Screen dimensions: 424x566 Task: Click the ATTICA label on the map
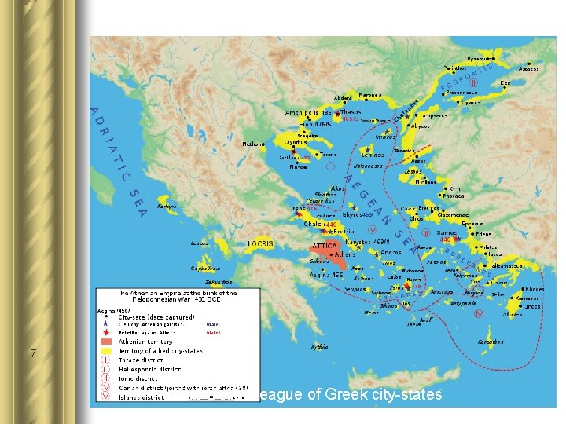324,246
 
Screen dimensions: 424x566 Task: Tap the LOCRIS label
260,244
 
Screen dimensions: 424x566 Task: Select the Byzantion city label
481,58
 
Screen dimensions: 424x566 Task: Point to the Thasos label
351,111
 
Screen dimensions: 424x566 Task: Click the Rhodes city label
535,288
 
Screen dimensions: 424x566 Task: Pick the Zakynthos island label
219,282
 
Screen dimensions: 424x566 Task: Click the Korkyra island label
167,206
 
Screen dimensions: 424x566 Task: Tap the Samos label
447,232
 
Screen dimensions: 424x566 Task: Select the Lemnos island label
373,155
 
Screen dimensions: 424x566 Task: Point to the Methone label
254,144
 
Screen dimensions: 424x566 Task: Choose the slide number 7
32,353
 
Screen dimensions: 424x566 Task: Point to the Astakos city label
529,69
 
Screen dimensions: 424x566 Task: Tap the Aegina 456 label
325,275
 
